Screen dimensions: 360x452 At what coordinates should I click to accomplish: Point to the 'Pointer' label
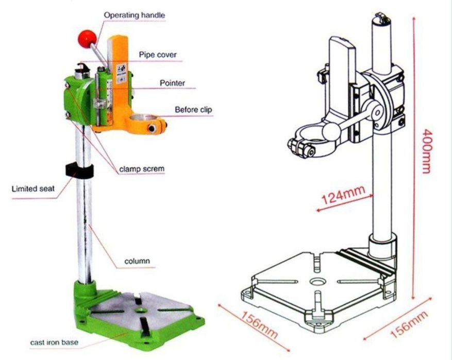tap(172, 82)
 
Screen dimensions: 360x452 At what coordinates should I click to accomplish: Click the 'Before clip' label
tap(193, 109)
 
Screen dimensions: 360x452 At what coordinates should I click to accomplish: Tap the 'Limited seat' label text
tap(33, 188)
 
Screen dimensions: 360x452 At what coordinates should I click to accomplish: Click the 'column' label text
tap(137, 261)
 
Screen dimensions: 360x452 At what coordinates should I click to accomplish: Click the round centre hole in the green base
tap(139, 311)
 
